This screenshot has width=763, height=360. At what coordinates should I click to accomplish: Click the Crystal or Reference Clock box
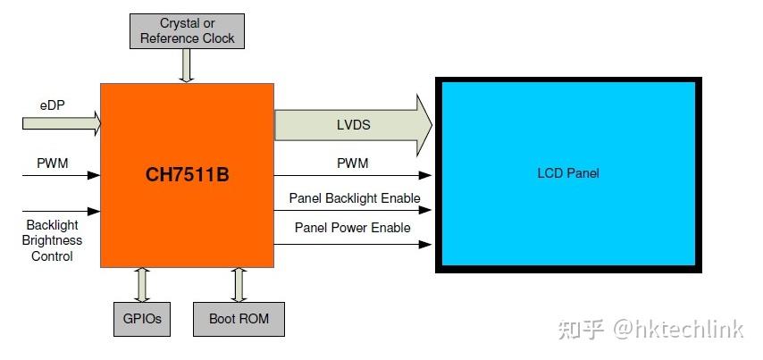point(187,31)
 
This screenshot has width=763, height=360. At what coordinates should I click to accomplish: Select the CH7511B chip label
point(188,175)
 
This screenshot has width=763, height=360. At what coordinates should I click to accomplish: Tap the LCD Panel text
point(566,172)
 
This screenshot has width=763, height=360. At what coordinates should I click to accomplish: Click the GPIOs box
point(142,318)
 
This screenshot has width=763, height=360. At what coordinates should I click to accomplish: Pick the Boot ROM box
point(239,318)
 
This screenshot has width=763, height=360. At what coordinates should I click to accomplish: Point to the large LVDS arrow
point(353,125)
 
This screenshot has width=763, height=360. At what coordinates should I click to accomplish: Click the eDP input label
point(51,105)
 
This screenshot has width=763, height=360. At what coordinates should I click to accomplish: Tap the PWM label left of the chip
point(53,163)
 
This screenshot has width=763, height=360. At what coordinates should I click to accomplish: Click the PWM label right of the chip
point(352,163)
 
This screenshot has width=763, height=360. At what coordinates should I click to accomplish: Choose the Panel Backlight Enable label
point(354,197)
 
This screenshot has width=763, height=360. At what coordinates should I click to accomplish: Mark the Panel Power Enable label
point(352,228)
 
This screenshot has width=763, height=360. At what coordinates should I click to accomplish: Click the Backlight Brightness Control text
point(54,241)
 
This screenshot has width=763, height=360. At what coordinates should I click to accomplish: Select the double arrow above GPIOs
point(142,283)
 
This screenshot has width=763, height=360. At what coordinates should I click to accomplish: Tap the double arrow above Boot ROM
point(239,283)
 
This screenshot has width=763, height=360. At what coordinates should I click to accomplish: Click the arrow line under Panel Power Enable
point(353,244)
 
